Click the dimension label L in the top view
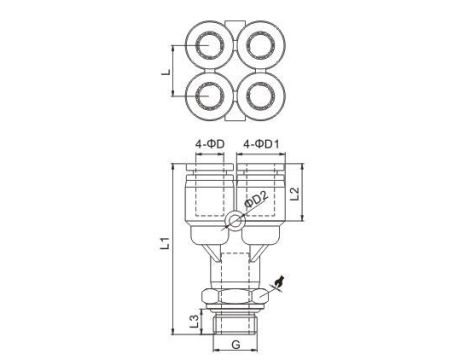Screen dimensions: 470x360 coord(166,72)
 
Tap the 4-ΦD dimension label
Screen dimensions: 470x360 coord(210,144)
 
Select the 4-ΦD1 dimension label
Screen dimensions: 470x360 coord(261,144)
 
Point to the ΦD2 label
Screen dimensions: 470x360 coord(256,200)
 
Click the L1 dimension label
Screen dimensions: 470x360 coord(165,243)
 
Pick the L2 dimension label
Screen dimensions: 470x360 coord(295,193)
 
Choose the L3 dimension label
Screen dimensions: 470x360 coord(194,321)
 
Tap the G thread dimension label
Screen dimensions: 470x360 coord(236,344)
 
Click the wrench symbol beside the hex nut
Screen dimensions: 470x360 coord(280,281)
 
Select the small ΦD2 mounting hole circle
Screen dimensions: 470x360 coord(235,220)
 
